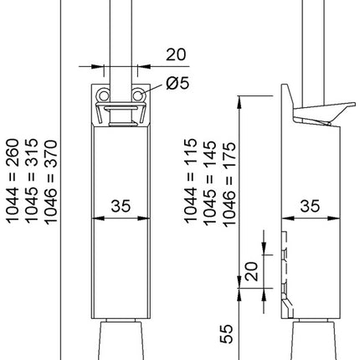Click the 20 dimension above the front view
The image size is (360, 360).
coord(174,54)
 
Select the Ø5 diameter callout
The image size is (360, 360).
coord(177,83)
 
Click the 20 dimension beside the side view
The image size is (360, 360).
coord(249,270)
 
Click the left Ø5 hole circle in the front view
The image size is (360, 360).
coord(104,95)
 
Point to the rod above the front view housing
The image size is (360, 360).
coord(122,33)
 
